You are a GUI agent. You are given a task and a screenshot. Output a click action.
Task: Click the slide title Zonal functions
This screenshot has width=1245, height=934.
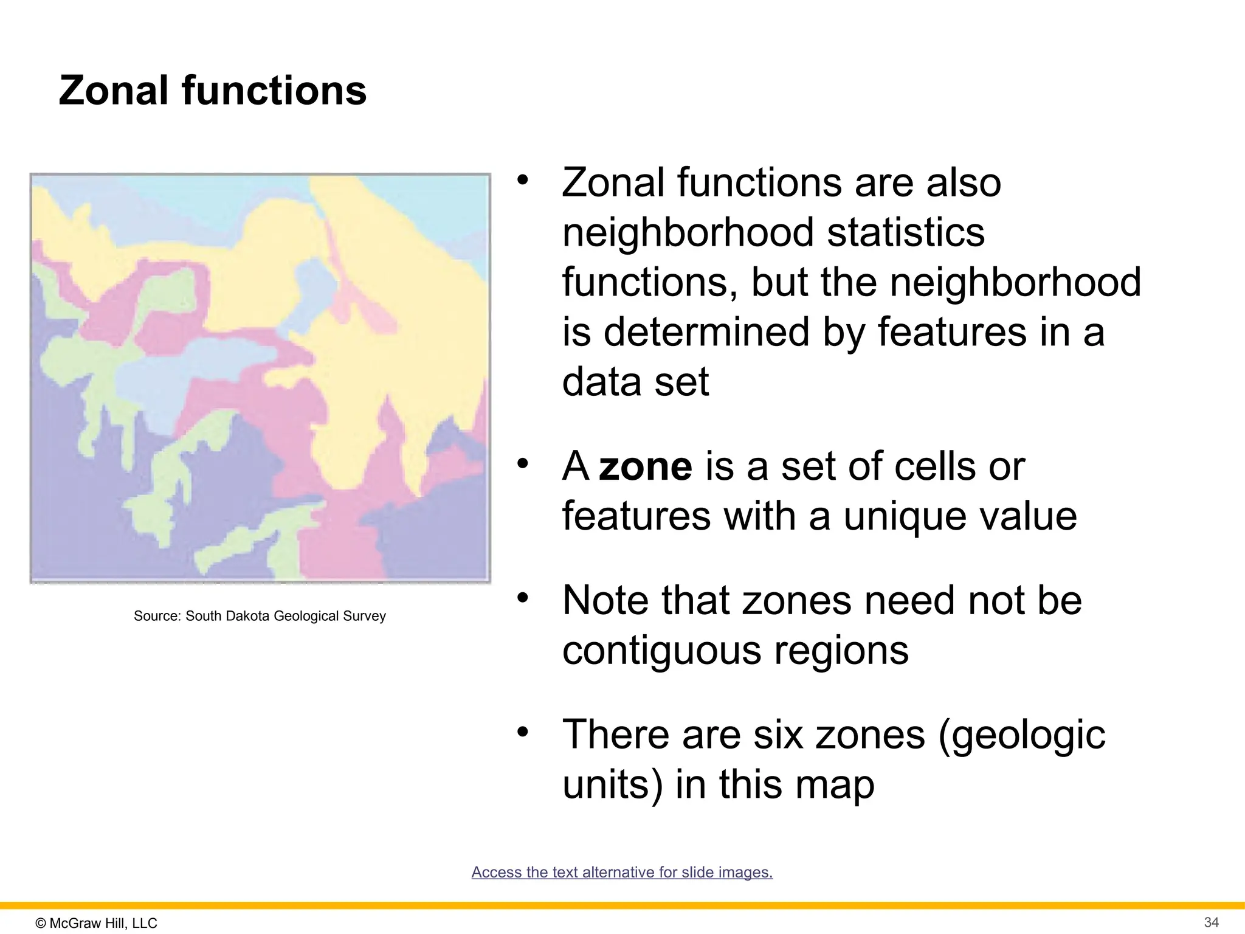212,91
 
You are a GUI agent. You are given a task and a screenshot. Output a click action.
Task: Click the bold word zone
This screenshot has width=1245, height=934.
645,466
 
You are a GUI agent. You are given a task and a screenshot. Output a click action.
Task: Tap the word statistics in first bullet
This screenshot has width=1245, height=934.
906,232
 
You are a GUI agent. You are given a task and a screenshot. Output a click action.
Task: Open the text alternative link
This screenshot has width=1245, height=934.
622,872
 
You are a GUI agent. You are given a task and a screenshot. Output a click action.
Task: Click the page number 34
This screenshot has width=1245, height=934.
1211,922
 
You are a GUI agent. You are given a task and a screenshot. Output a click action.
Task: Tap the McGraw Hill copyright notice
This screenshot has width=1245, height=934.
96,923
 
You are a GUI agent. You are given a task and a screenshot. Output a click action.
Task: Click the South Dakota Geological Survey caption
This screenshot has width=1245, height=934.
260,616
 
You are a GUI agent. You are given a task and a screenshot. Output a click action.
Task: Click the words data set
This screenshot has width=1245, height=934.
635,382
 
